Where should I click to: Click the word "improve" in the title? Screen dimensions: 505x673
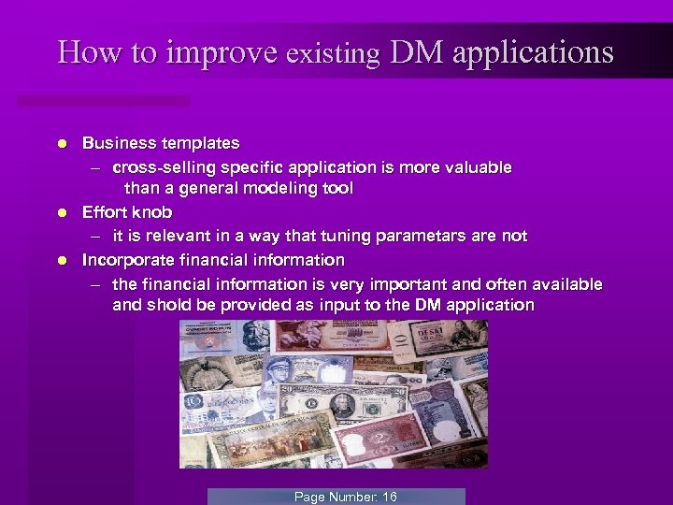coord(222,52)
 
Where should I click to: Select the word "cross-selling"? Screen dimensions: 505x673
coord(160,167)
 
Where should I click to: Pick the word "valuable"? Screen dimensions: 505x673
coord(478,167)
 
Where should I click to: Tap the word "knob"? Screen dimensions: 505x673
coord(152,213)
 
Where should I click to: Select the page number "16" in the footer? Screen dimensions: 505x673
coord(389,497)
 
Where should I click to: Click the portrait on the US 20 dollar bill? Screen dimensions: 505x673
coord(342,404)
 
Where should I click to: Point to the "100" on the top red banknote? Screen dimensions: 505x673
coord(354,334)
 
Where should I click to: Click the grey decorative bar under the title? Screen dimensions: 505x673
coord(103,100)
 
